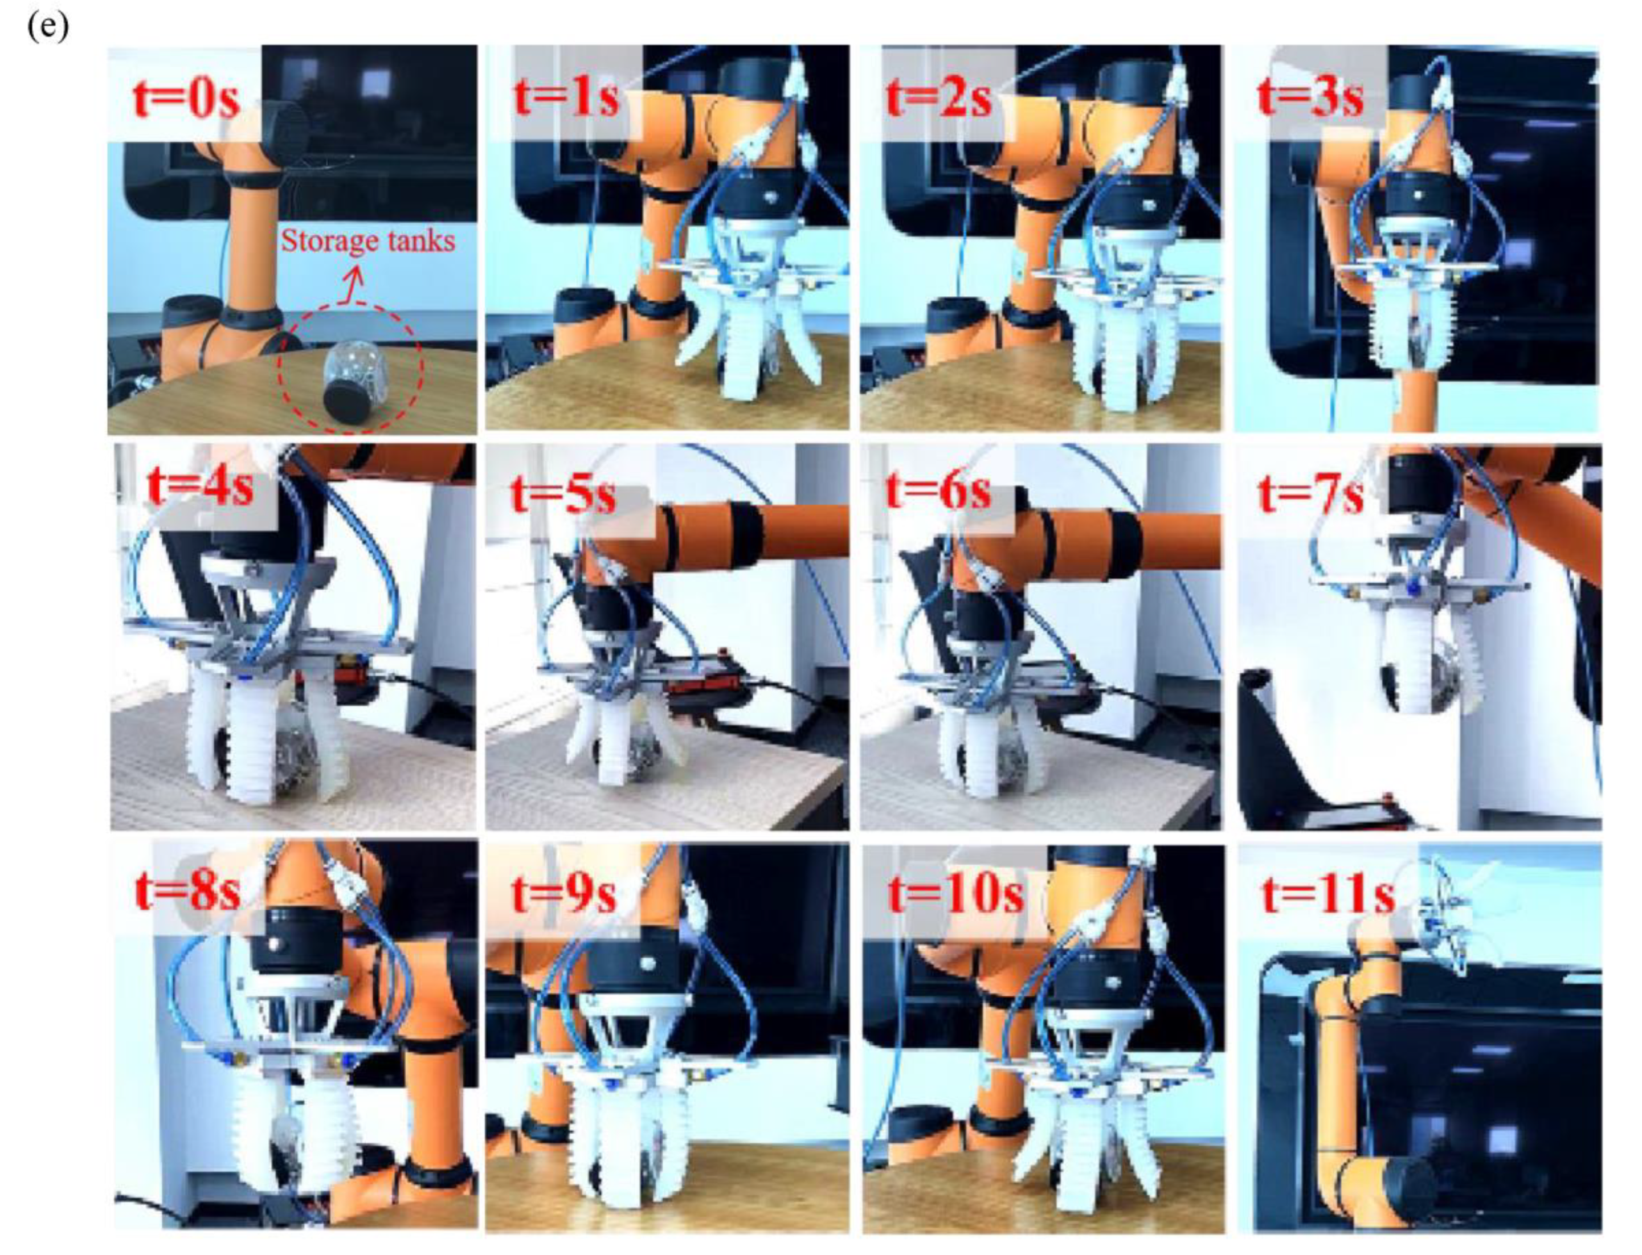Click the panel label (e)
point(48,28)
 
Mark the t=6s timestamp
point(938,492)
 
